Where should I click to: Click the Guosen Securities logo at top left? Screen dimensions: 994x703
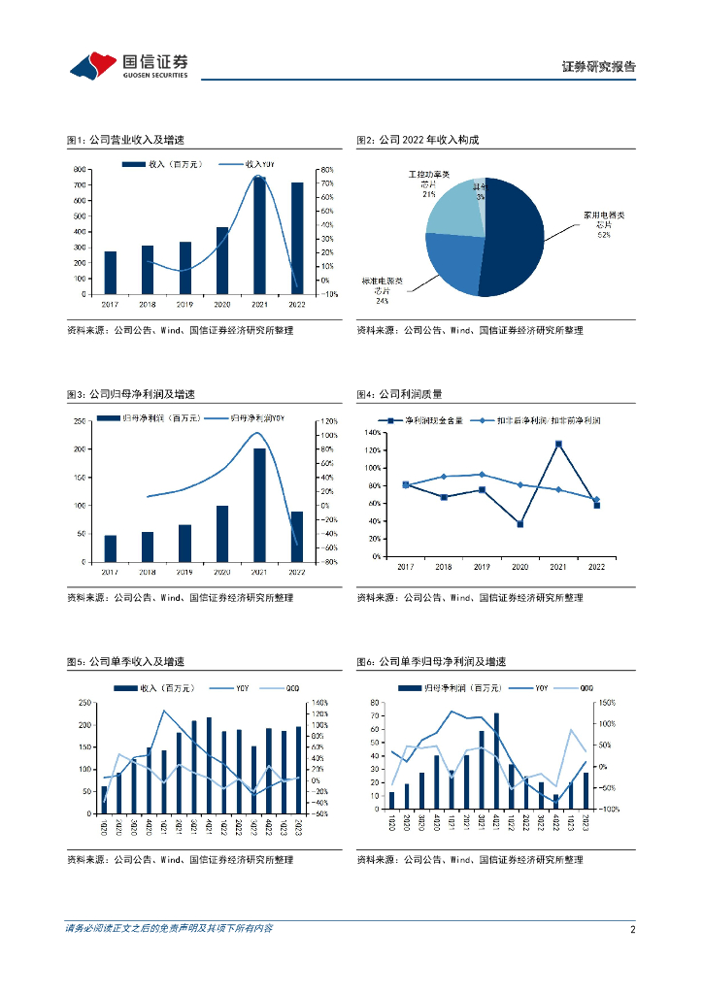pos(128,65)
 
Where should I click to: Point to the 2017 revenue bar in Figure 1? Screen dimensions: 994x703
pos(110,273)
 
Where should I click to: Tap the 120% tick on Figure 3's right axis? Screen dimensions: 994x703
pos(328,421)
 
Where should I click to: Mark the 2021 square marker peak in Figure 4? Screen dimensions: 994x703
pos(558,445)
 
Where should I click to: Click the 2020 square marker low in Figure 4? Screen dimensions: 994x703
pos(520,524)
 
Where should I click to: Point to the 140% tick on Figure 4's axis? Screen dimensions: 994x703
pos(371,432)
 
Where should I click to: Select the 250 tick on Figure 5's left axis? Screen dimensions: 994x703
pos(85,704)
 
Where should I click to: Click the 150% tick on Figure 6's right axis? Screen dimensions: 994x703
pos(605,704)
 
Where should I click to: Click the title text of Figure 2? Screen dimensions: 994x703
pos(418,140)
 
